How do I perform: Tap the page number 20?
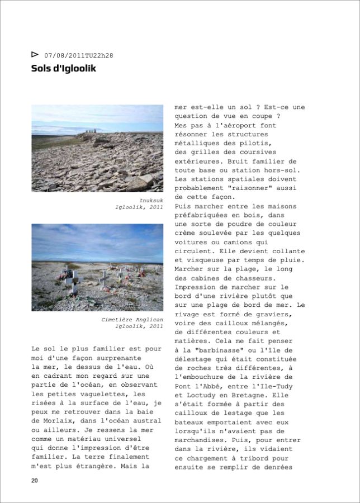[x=35, y=481]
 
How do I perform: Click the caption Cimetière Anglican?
[x=132, y=319]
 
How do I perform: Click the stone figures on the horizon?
[x=91, y=132]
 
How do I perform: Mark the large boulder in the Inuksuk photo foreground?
[x=146, y=179]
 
